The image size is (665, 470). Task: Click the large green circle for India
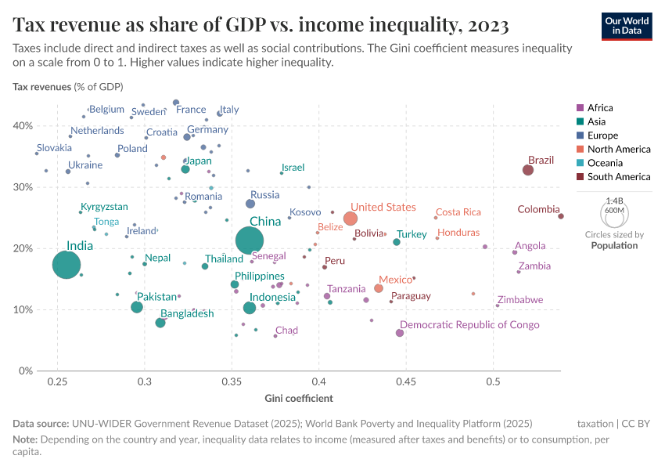(66, 265)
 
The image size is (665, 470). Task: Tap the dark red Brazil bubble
(528, 170)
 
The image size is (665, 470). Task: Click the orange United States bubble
(350, 219)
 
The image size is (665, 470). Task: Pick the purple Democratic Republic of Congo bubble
(400, 333)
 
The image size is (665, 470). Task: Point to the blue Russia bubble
(250, 204)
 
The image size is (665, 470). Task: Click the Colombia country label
(538, 209)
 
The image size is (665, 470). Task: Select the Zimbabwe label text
(519, 300)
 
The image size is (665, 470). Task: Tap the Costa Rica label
(458, 212)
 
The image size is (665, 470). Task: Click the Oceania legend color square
(579, 163)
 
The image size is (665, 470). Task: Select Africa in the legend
(600, 108)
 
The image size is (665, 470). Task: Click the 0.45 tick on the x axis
(405, 381)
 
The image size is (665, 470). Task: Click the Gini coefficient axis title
(299, 398)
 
